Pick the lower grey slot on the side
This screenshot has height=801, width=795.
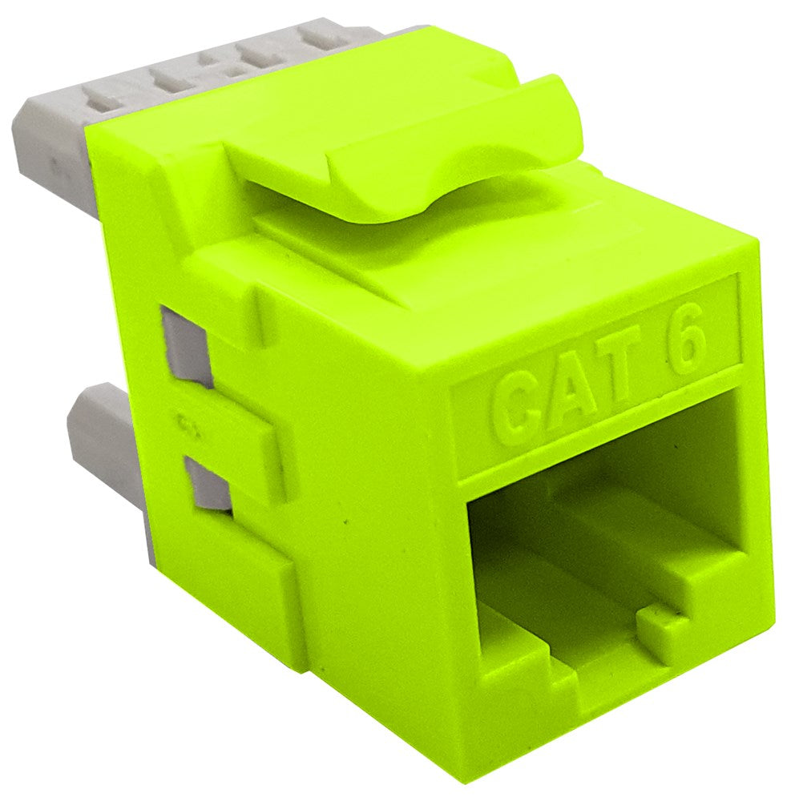tap(206, 481)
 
